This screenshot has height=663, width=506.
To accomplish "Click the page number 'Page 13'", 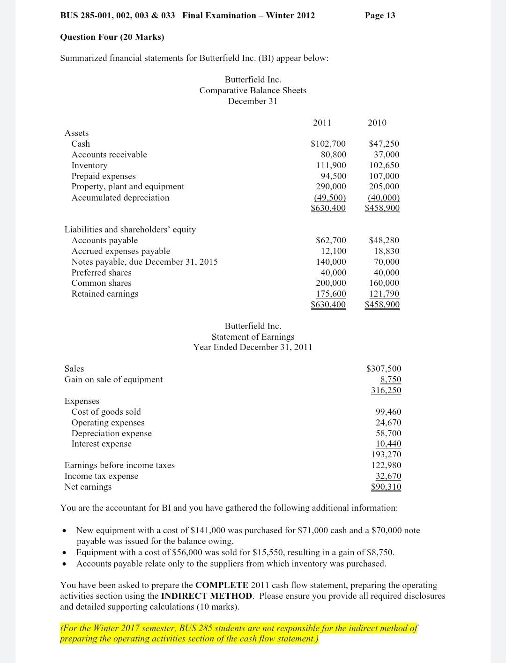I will pos(379,15).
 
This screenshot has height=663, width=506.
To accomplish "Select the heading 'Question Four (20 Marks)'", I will pos(112,37).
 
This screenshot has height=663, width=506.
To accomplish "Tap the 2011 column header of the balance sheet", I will pos(322,123).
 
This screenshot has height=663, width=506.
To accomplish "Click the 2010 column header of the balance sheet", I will pos(377,123).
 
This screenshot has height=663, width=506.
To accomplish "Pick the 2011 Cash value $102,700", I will pos(328,144).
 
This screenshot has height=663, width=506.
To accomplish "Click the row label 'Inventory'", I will pos(89,165).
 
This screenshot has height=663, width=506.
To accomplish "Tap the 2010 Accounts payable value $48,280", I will pos(384,240).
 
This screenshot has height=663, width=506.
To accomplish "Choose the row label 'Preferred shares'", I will pos(101,273).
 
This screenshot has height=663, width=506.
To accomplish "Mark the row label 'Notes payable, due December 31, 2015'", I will pos(144,262).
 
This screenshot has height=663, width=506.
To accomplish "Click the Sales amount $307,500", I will pos(383,369).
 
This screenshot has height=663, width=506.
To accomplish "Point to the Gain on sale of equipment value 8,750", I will pos(390,380).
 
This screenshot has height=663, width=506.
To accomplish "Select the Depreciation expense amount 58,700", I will pos(388,433).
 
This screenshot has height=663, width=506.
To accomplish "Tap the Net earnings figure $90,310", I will pos(386,487).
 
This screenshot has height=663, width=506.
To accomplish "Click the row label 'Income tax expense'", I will pos(101,476).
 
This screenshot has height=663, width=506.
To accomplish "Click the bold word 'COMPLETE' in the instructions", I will pos(222,585).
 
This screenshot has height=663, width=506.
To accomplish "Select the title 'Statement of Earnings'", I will pos(253,337).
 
